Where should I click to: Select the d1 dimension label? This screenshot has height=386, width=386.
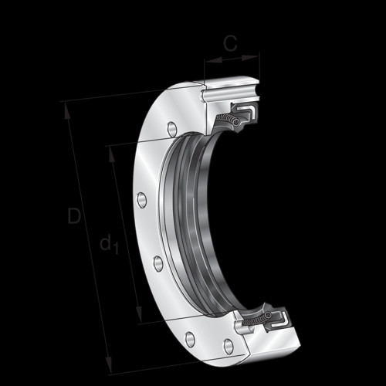[x=109, y=243]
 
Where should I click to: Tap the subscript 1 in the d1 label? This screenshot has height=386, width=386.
[x=116, y=248]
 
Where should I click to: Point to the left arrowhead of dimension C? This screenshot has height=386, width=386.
[x=214, y=61]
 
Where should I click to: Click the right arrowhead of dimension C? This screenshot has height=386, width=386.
[x=249, y=58]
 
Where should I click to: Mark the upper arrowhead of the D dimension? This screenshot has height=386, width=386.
[x=67, y=110]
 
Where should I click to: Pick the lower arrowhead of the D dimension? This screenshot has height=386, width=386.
[x=109, y=364]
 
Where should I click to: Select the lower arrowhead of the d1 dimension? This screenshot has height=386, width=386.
[x=139, y=313]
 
